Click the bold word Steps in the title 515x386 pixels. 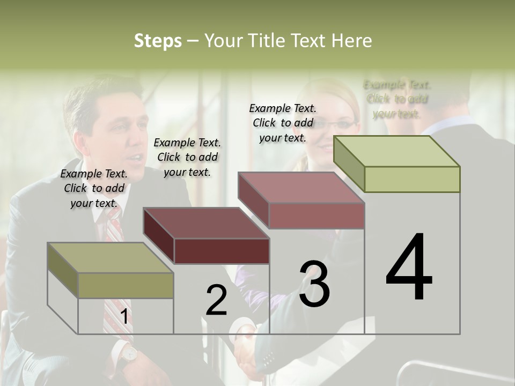pyautogui.click(x=158, y=41)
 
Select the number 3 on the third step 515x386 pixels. pyautogui.click(x=314, y=284)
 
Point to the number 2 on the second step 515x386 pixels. pyautogui.click(x=216, y=300)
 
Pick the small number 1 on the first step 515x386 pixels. pyautogui.click(x=124, y=316)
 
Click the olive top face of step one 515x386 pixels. pyautogui.click(x=110, y=258)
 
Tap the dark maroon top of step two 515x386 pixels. pyautogui.click(x=207, y=222)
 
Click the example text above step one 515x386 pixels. pyautogui.click(x=94, y=188)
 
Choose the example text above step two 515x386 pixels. pyautogui.click(x=187, y=157)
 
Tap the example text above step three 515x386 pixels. pyautogui.click(x=283, y=123)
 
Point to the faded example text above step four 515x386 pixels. pyautogui.click(x=397, y=99)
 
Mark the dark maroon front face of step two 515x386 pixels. pyautogui.click(x=222, y=251)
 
